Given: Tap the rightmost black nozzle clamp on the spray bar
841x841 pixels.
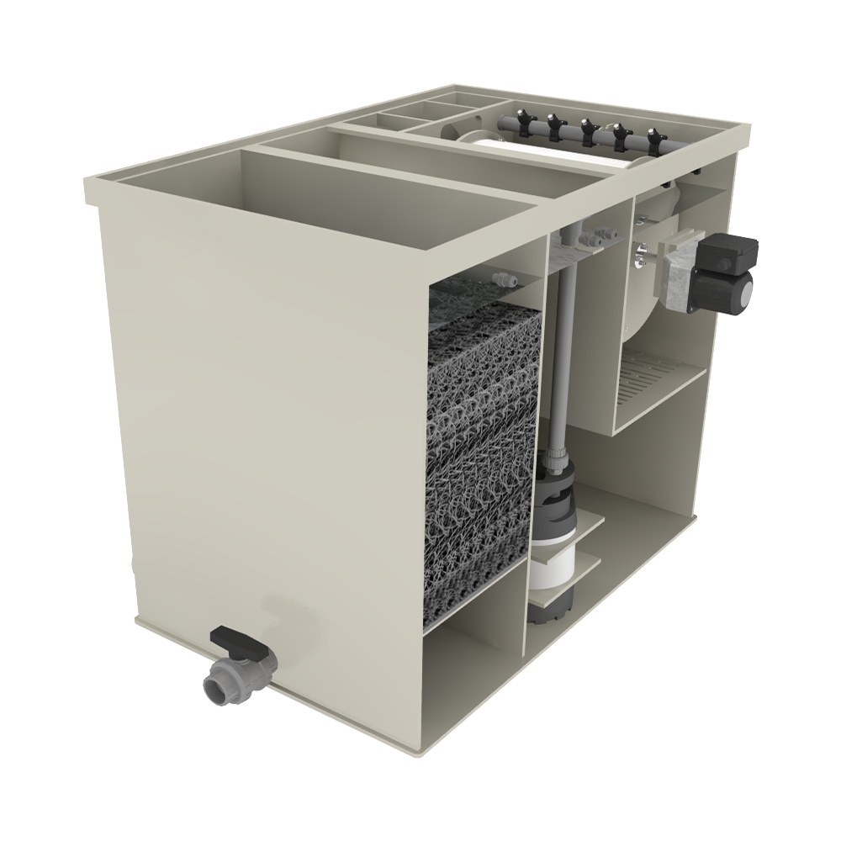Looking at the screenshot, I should point(653,138).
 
